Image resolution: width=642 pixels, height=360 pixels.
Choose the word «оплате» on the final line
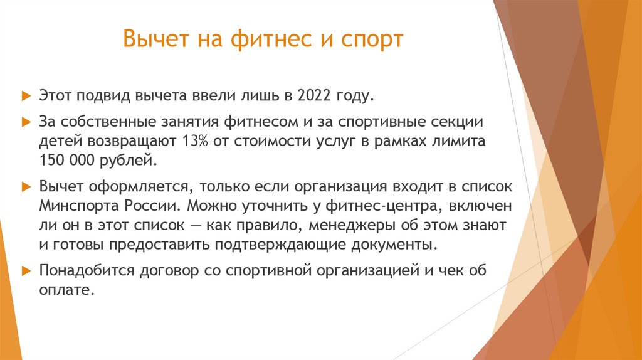coord(66,290)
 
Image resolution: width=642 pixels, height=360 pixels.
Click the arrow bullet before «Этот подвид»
coord(26,97)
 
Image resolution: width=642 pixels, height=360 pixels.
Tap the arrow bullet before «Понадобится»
coord(26,271)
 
